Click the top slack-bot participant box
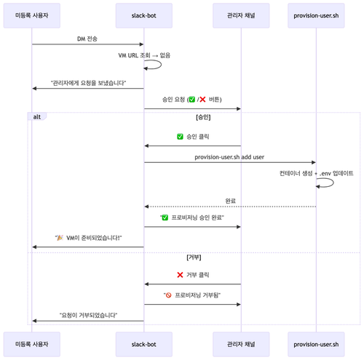click(x=144, y=15)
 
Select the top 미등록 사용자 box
click(x=32, y=15)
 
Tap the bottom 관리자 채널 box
click(x=241, y=344)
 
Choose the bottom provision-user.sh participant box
click(x=316, y=344)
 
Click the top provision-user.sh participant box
click(x=316, y=15)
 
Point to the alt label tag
click(x=37, y=116)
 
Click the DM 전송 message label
click(x=87, y=39)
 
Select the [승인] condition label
click(x=203, y=117)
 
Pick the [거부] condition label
click(x=194, y=257)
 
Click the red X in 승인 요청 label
click(x=202, y=100)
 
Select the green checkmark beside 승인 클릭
click(x=180, y=137)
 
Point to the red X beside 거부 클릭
click(x=180, y=275)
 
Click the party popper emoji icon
click(x=60, y=238)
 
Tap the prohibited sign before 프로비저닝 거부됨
click(x=168, y=295)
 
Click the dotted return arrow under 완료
click(x=230, y=207)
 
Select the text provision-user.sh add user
click(x=229, y=157)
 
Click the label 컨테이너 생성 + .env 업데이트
click(x=317, y=173)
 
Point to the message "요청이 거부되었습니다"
click(x=88, y=315)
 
